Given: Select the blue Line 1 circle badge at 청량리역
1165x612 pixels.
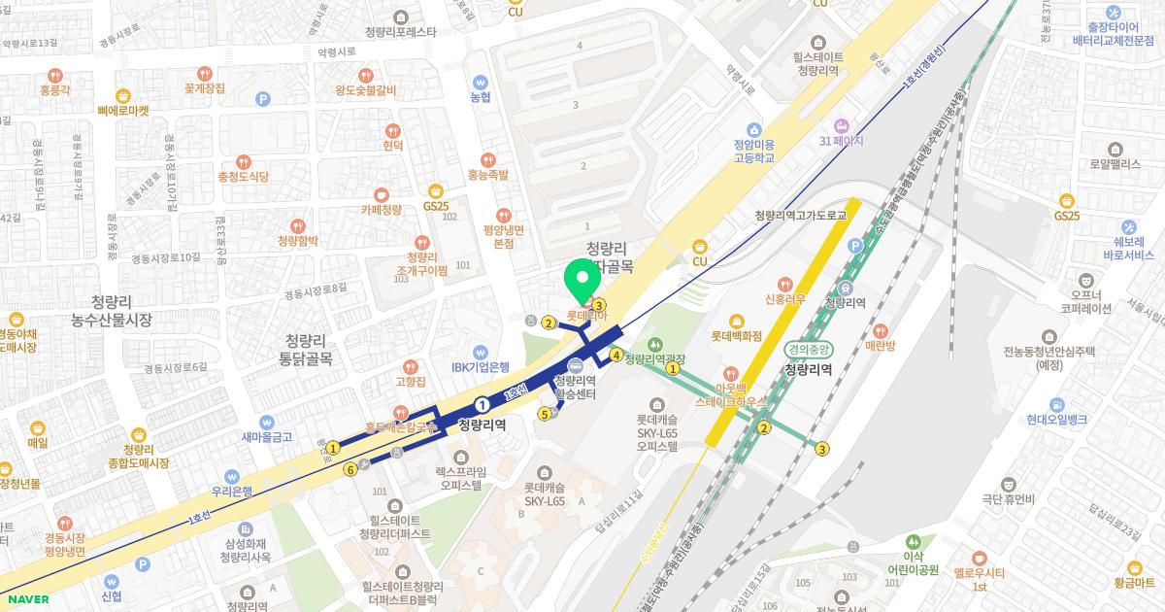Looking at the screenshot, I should click(483, 403).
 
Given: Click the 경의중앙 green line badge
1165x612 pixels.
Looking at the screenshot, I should click(808, 350).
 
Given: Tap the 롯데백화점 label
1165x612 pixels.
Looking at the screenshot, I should click(738, 337).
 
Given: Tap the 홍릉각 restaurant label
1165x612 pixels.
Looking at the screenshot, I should click(55, 88).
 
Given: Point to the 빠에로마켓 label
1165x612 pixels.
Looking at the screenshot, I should click(123, 110).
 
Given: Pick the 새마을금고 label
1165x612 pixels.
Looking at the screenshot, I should click(268, 437).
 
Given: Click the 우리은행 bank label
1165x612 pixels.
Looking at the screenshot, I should click(232, 491).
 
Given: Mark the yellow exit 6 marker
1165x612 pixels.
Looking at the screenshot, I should click(350, 469).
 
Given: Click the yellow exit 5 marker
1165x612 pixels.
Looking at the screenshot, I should click(545, 415).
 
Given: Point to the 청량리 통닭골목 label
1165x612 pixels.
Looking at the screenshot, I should click(307, 349).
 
